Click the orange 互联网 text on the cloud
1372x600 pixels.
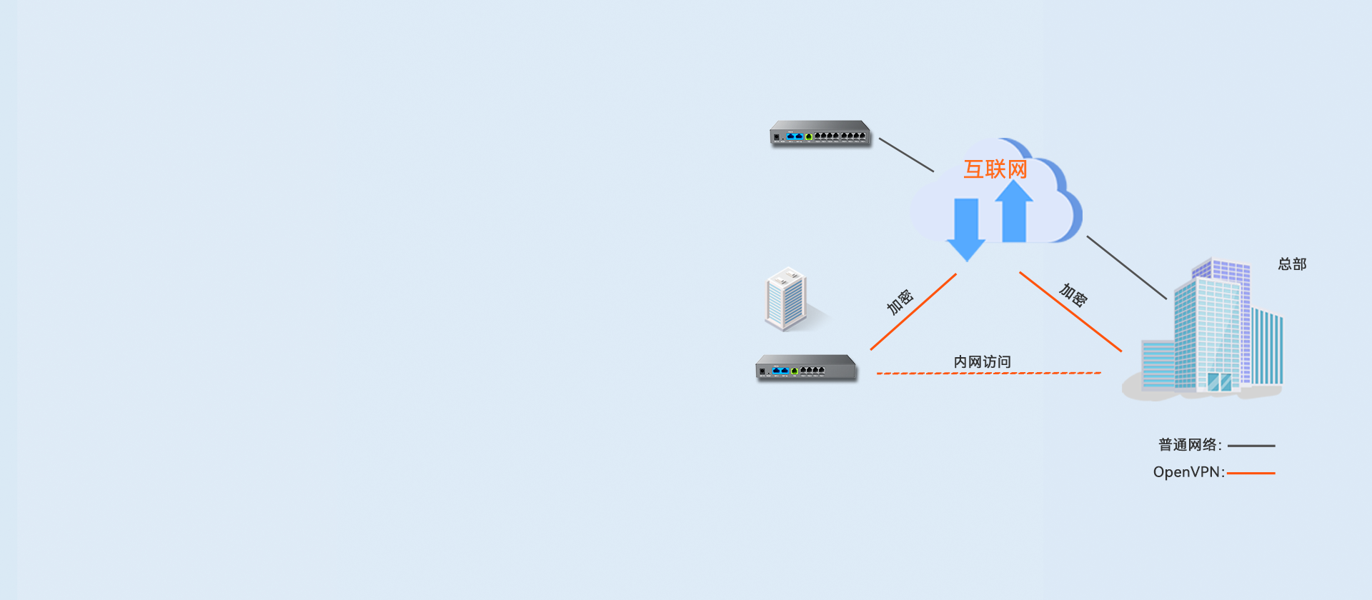995,169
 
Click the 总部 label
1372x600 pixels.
1292,264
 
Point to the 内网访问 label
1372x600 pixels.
982,362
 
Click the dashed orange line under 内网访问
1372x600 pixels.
988,373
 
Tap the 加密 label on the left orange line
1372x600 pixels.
900,301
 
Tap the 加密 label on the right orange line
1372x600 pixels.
1073,294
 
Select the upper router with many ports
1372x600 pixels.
820,133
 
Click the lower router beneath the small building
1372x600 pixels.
806,368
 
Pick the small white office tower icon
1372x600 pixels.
785,299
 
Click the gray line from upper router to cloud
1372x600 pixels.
906,155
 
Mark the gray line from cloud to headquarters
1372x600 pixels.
1126,267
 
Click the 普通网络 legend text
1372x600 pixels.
1189,445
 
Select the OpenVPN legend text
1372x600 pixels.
1188,472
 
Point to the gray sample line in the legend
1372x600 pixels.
1251,446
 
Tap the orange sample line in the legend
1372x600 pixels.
1251,473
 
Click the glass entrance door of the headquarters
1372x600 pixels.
1219,381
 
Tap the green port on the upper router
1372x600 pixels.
809,136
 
